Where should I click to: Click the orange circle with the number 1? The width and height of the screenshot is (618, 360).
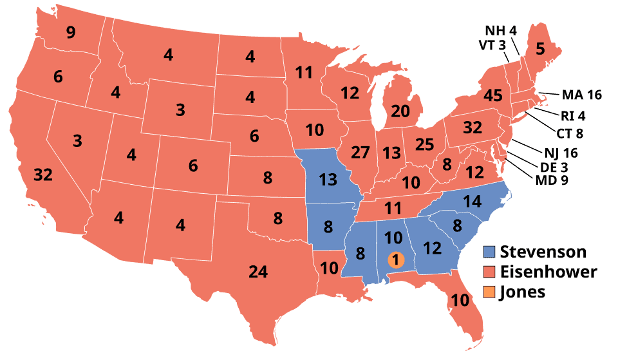coord(396,260)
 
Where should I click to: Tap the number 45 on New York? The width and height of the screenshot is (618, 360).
coord(492,97)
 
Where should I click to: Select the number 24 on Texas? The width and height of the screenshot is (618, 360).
coord(258,272)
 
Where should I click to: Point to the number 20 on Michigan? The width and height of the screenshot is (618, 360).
coord(400,111)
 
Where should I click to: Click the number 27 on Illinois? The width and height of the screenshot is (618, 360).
coord(360,153)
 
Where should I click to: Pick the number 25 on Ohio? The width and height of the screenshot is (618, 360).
coord(425,145)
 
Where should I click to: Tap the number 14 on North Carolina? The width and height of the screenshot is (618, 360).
coord(472,202)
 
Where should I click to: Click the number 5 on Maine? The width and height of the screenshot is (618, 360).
coord(540,47)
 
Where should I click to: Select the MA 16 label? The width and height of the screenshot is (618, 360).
coord(581,95)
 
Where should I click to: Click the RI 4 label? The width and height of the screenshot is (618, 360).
coord(572,117)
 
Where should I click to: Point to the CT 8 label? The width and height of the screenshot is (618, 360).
coord(569,134)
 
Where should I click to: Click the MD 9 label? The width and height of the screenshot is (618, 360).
coord(552,180)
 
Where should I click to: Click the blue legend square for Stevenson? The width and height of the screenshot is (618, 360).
coord(490,251)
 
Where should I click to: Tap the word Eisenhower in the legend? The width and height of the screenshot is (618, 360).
coord(548,271)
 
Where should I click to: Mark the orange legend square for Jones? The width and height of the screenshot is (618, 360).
coord(490,292)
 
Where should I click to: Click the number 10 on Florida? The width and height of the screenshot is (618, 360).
coord(460,300)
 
